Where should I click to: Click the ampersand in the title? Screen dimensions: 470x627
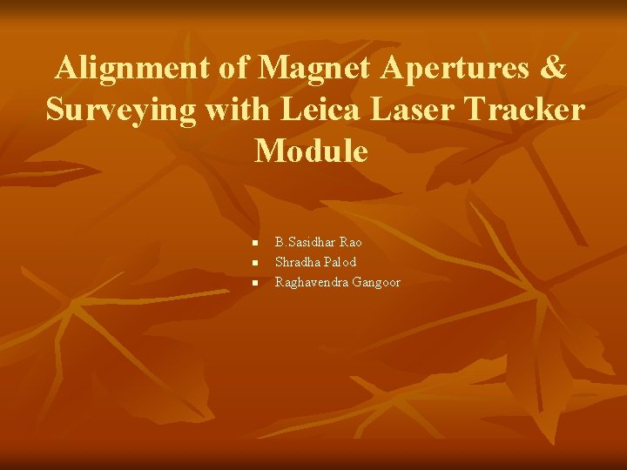[x=554, y=68]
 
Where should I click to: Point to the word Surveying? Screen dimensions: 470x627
[x=120, y=111]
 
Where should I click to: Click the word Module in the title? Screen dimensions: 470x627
[x=312, y=151]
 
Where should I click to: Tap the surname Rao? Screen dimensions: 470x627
[x=351, y=242]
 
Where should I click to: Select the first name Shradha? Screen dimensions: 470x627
[x=298, y=262]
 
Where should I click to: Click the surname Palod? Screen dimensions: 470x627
[x=340, y=262]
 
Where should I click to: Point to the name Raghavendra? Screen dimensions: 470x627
[x=312, y=282]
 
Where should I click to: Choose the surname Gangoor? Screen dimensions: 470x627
[x=376, y=282]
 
